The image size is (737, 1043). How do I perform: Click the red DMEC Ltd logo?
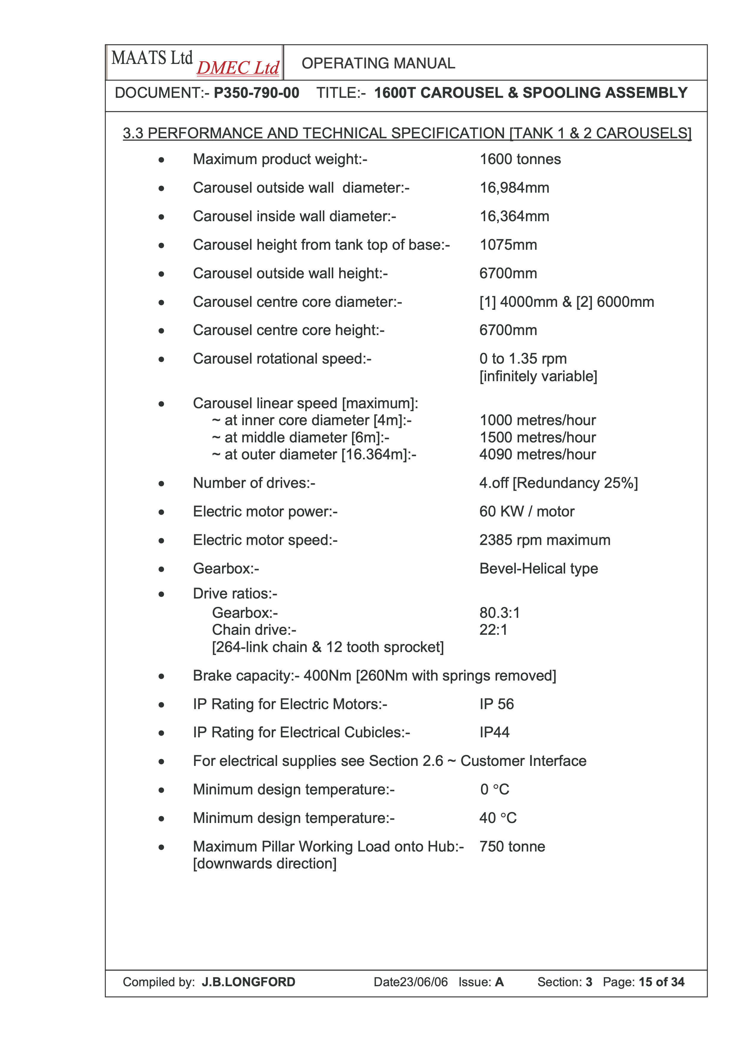point(238,68)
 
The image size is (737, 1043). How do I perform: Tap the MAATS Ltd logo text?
point(152,58)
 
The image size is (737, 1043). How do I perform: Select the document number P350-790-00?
point(257,93)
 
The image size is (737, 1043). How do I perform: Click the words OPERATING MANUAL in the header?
point(378,63)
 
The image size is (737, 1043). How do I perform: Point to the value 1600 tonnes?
point(520,159)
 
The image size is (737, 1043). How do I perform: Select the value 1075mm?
point(508,245)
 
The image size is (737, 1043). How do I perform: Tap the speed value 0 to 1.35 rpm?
point(523,359)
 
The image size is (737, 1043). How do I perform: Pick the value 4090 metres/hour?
point(538,454)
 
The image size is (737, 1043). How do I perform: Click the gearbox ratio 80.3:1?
point(499,613)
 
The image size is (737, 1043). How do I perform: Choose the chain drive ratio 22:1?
point(493,630)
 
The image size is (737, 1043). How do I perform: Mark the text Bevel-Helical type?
point(539,569)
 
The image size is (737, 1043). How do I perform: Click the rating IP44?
point(494,732)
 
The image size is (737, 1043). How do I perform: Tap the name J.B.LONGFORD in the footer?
point(248,982)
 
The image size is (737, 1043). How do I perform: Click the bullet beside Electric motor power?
point(161,512)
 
